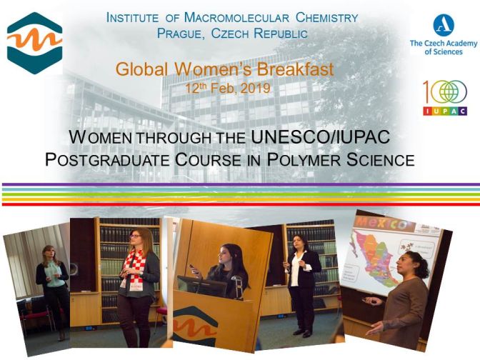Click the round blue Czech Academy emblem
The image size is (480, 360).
pyautogui.click(x=444, y=26)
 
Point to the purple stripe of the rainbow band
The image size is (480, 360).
pyautogui.click(x=240, y=185)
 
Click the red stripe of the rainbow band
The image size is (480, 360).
pyautogui.click(x=240, y=204)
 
